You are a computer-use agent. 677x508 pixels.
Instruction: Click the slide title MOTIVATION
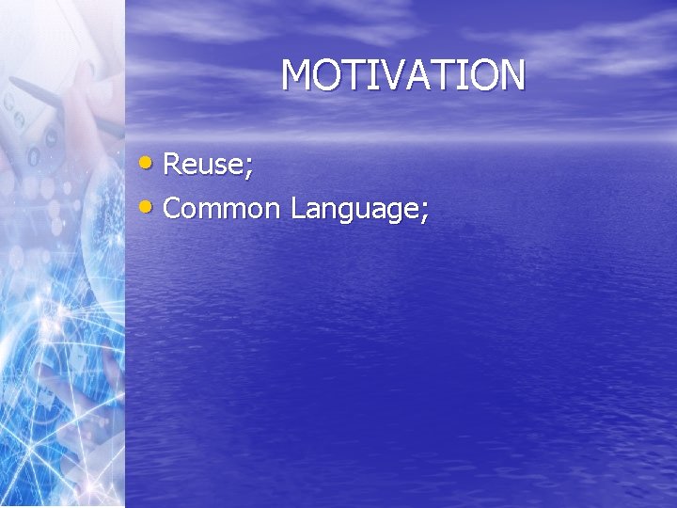coord(402,75)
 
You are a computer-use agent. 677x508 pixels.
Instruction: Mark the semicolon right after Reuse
coord(249,167)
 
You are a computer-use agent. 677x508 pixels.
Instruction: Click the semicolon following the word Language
coord(425,211)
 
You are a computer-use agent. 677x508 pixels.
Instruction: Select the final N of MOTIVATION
coord(510,75)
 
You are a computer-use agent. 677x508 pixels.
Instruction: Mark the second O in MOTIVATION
coord(480,75)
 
